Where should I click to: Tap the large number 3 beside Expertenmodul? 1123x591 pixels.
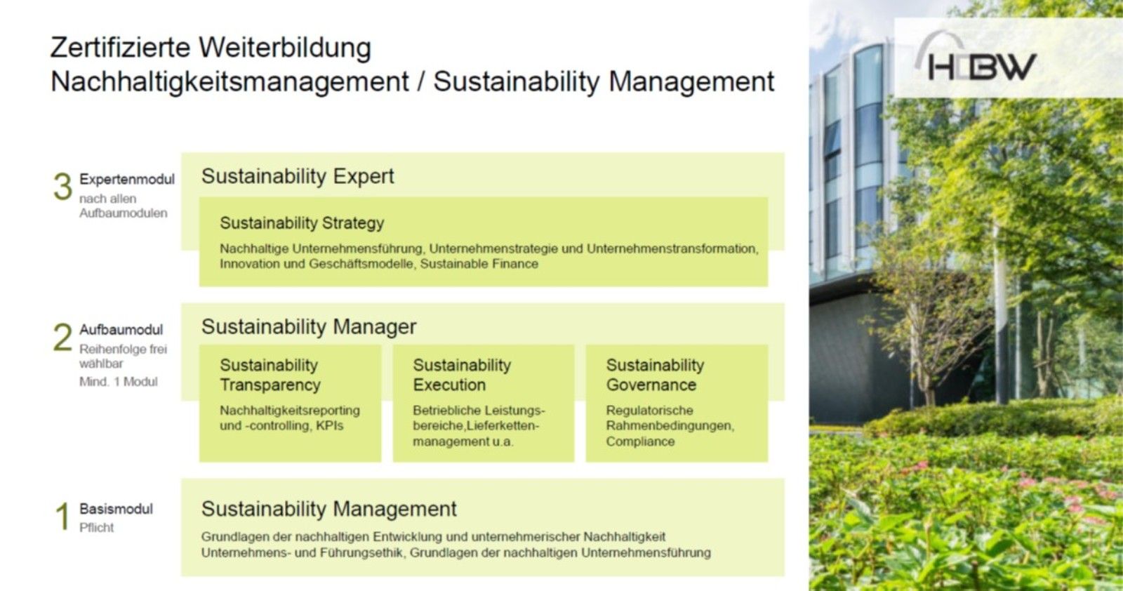pyautogui.click(x=62, y=187)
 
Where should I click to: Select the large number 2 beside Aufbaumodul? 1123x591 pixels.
pyautogui.click(x=62, y=338)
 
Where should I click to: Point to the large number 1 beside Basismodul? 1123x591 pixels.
pyautogui.click(x=63, y=517)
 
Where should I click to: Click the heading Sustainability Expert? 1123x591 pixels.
pyautogui.click(x=298, y=176)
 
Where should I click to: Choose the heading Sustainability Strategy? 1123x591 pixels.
pyautogui.click(x=302, y=223)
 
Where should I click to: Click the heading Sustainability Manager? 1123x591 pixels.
pyautogui.click(x=309, y=327)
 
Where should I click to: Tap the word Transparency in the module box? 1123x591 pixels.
pyautogui.click(x=270, y=385)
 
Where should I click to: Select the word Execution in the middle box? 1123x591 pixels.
pyautogui.click(x=449, y=385)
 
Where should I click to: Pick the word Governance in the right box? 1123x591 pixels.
pyautogui.click(x=651, y=385)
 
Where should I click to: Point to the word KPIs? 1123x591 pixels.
pyautogui.click(x=330, y=425)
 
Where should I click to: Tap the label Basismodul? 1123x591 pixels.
pyautogui.click(x=116, y=509)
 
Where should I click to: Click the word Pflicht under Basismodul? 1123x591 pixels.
pyautogui.click(x=96, y=528)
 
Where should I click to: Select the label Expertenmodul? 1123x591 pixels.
pyautogui.click(x=127, y=180)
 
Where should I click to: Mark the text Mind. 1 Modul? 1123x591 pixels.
pyautogui.click(x=119, y=382)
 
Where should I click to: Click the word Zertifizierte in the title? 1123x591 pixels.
pyautogui.click(x=120, y=48)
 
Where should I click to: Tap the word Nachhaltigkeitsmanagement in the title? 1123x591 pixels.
pyautogui.click(x=230, y=81)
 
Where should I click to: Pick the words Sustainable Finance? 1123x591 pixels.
pyautogui.click(x=479, y=264)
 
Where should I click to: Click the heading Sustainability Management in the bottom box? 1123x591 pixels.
pyautogui.click(x=329, y=510)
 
